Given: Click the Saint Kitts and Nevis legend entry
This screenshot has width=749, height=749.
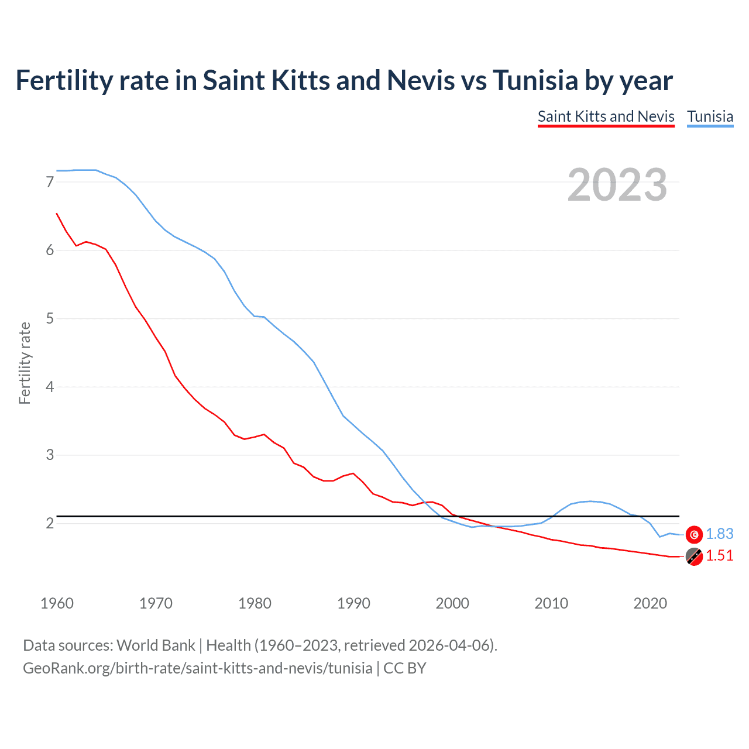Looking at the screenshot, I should coord(606,116).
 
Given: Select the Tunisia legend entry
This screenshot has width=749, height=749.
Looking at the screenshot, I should coord(710,116).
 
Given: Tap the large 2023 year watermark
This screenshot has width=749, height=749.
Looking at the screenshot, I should coord(617,185).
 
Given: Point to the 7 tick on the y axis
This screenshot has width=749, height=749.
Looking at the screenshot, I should coord(50,182).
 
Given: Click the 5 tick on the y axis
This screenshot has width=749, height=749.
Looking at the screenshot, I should coord(50,319).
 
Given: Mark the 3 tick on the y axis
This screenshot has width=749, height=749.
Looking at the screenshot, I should coord(50,455).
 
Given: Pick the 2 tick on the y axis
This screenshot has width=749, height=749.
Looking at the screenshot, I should coord(50,523).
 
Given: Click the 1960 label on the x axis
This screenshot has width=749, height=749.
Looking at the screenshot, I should coord(57,603).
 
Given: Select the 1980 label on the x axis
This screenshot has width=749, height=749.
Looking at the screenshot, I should coord(255,603).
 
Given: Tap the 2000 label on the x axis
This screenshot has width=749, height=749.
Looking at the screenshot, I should coord(452,603).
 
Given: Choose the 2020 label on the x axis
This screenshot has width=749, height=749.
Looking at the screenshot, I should coord(650,603).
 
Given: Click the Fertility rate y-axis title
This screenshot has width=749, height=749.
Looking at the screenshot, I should coord(25,363).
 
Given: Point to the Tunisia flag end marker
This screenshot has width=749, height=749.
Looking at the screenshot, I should coord(694,534).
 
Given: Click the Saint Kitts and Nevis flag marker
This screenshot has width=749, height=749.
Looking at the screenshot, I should coord(694,557).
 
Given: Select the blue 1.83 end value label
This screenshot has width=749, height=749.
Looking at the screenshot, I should coord(719,534).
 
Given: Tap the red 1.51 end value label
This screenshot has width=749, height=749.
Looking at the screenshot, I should coord(719,556).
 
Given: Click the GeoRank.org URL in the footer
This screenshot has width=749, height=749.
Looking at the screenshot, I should coord(197,668).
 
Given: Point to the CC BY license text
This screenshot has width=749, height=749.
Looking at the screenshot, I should coord(404,668).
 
